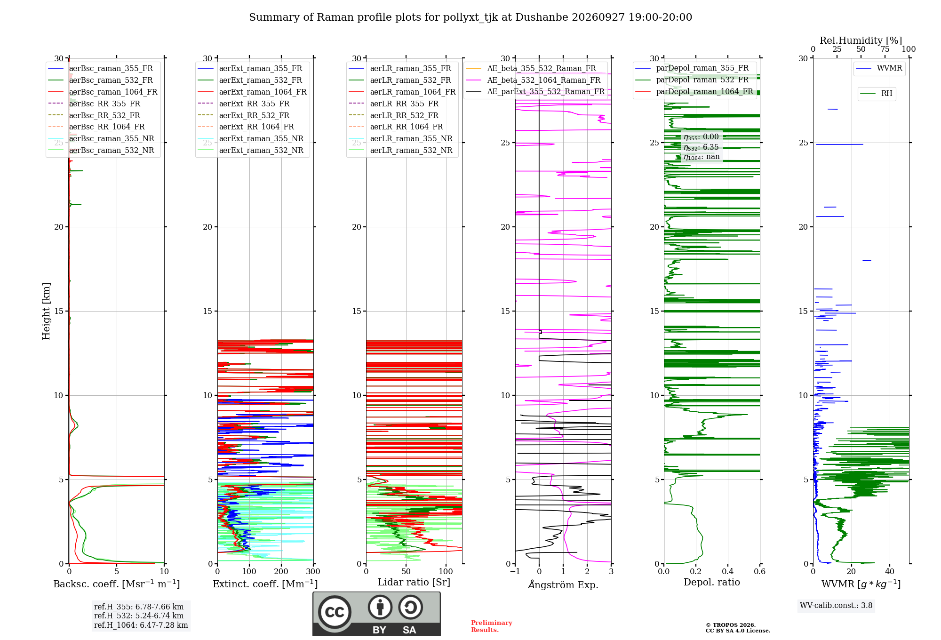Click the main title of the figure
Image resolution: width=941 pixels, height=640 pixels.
click(470, 17)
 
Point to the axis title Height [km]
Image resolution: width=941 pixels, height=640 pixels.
click(46, 311)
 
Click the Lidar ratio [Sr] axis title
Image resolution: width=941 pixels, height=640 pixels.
click(414, 582)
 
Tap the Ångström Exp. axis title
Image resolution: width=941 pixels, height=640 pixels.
click(563, 584)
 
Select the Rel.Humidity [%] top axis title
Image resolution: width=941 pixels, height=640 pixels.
click(861, 40)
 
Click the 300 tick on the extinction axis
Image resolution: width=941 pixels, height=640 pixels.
click(313, 571)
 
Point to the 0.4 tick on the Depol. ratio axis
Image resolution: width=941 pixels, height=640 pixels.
click(728, 571)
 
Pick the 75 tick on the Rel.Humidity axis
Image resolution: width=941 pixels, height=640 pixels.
click(885, 49)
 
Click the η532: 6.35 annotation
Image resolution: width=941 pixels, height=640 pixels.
click(701, 147)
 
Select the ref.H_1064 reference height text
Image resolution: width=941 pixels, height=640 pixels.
click(141, 625)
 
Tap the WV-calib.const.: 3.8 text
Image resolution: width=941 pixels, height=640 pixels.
click(836, 606)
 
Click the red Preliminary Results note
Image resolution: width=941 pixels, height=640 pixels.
click(492, 626)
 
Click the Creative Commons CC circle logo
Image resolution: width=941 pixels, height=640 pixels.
click(335, 612)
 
